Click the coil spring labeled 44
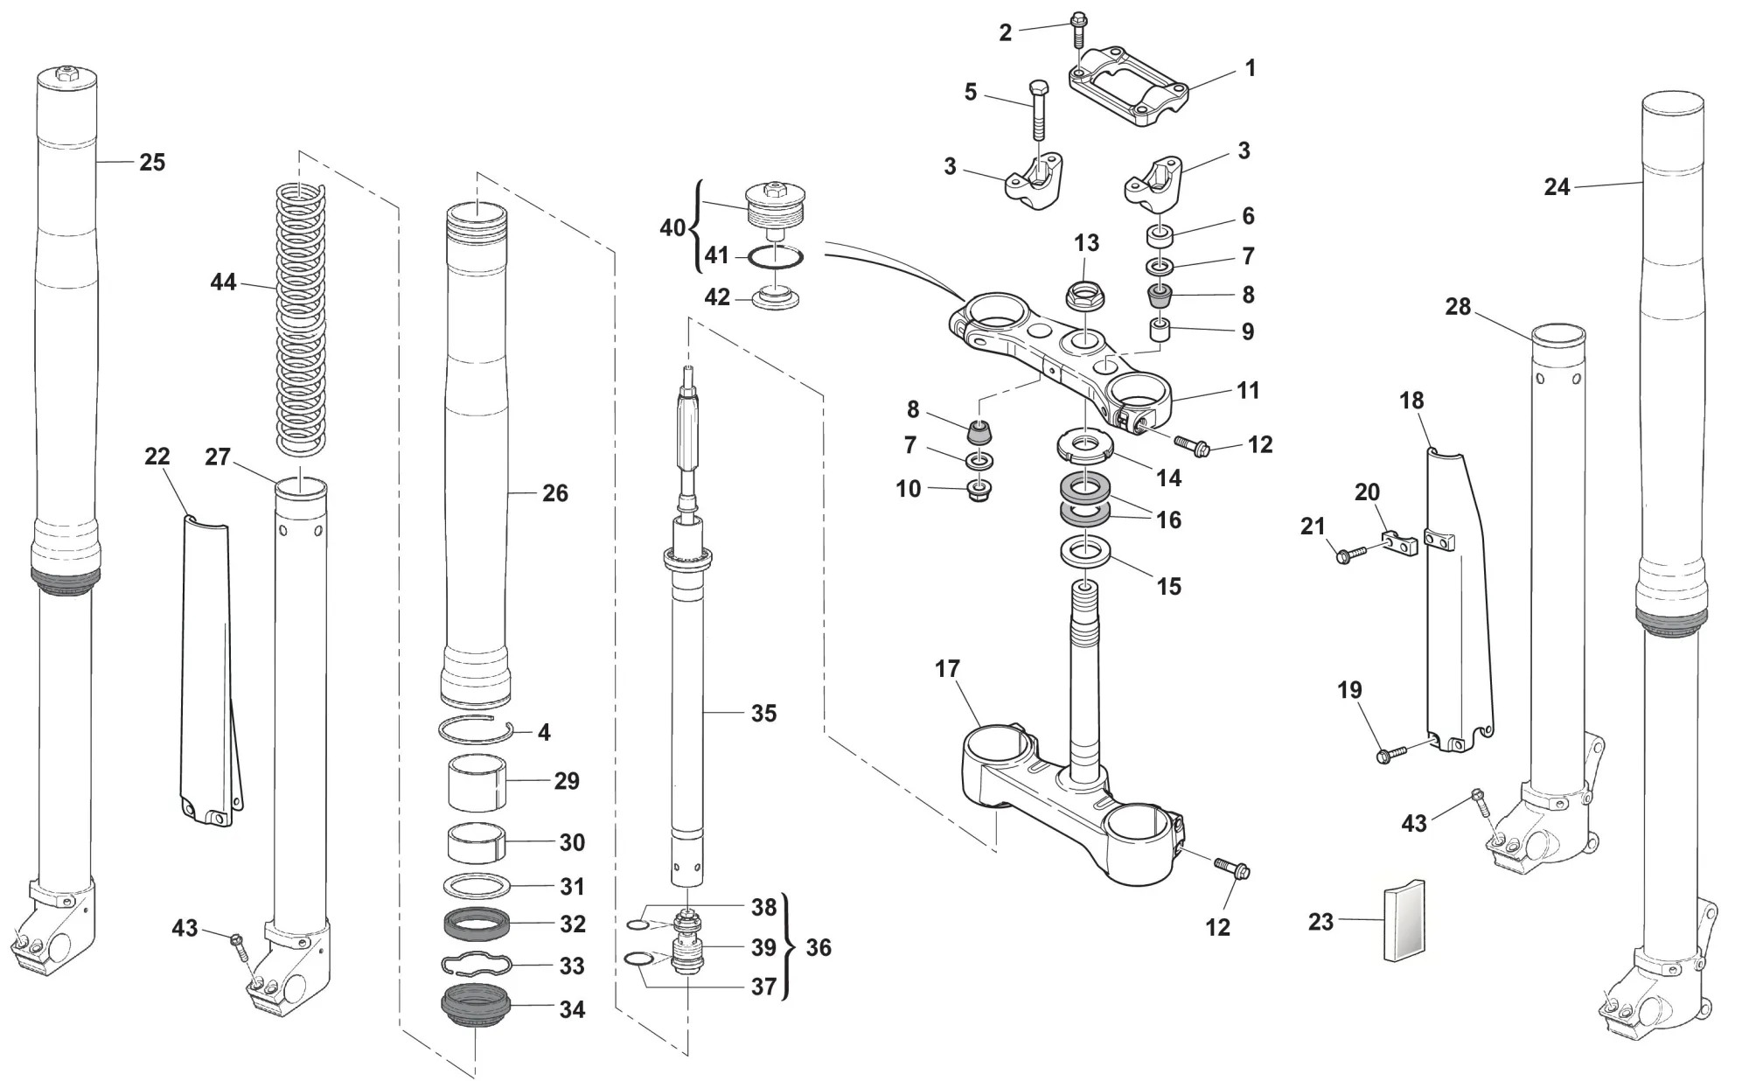pyautogui.click(x=300, y=319)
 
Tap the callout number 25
pyautogui.click(x=152, y=163)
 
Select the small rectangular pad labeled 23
pyautogui.click(x=1404, y=921)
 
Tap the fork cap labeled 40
pyautogui.click(x=773, y=210)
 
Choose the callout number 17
pyautogui.click(x=947, y=669)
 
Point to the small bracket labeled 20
pyautogui.click(x=1399, y=544)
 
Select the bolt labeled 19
pyautogui.click(x=1391, y=753)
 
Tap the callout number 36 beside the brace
pyautogui.click(x=819, y=947)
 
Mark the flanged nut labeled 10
pyautogui.click(x=979, y=492)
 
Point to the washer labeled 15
pyautogui.click(x=1085, y=552)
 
